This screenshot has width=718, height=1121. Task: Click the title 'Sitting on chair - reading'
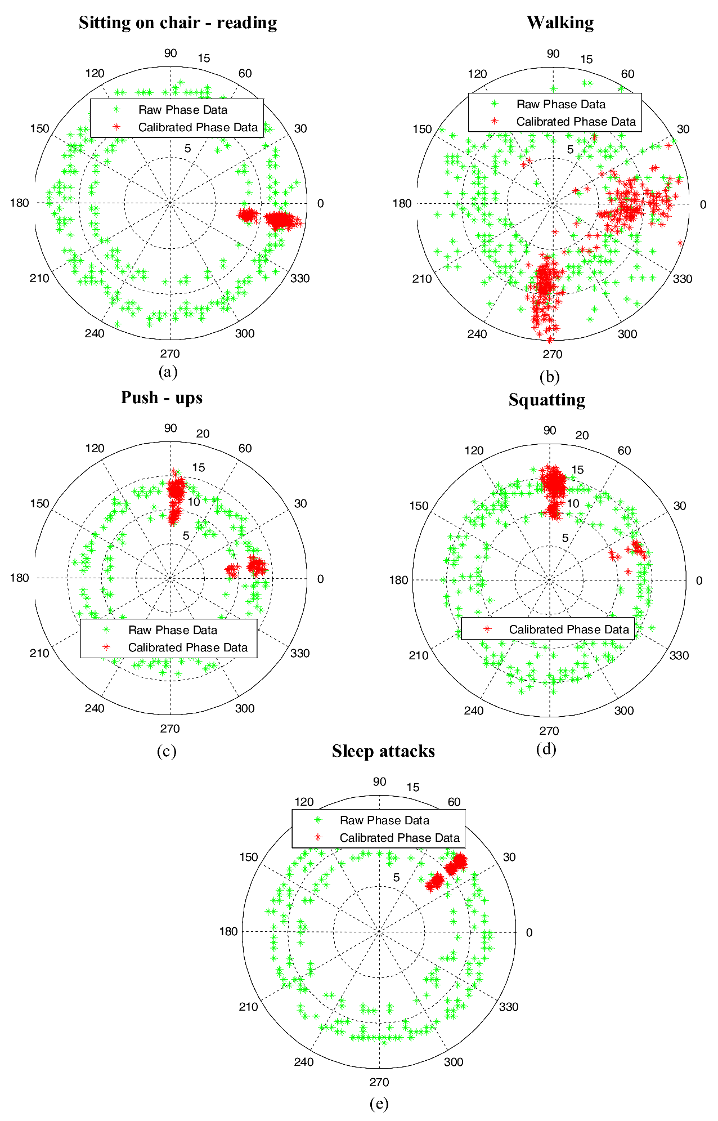click(x=178, y=23)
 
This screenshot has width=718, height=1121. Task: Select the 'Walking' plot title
click(x=560, y=23)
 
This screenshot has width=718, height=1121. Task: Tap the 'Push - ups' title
click(x=161, y=398)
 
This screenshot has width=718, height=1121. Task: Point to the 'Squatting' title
click(x=546, y=400)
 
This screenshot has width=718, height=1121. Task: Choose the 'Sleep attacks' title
click(x=383, y=751)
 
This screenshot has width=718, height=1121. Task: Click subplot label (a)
click(x=168, y=372)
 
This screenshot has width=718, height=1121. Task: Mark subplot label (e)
click(x=379, y=1104)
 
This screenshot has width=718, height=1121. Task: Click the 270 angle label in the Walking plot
click(x=552, y=354)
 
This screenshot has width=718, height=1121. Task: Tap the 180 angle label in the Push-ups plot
click(x=19, y=578)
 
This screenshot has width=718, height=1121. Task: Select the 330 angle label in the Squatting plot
click(x=679, y=655)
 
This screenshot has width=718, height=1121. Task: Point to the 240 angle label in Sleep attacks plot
click(x=304, y=1062)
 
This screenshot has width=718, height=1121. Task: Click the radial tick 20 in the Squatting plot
click(x=582, y=435)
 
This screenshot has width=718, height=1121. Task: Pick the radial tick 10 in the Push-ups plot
click(x=194, y=502)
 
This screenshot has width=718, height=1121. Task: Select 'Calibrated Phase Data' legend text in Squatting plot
click(x=569, y=629)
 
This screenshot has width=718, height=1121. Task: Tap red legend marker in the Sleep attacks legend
click(x=318, y=838)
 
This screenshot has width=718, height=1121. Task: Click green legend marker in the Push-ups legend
click(x=107, y=630)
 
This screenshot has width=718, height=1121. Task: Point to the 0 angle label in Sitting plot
click(x=320, y=203)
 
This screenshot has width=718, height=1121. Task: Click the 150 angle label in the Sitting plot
click(x=39, y=128)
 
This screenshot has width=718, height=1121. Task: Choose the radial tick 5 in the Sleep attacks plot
click(x=396, y=877)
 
